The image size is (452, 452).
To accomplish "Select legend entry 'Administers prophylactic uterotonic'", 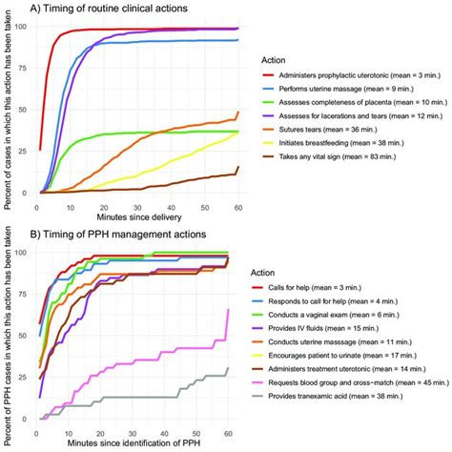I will pos(355,88).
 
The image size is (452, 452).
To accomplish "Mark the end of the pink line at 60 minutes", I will pos(227,309).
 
